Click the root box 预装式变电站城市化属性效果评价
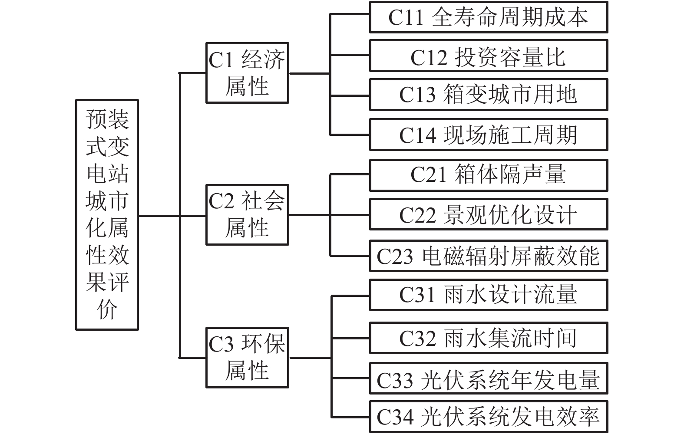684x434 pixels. pos(107,215)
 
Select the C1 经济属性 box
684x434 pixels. pos(247,73)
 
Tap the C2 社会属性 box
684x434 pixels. pos(247,215)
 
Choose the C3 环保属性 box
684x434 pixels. pos(247,358)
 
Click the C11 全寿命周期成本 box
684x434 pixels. pos(488,17)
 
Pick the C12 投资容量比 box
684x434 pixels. pos(488,56)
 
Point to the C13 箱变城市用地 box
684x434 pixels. pos(488,95)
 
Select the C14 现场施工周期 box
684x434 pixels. pos(488,135)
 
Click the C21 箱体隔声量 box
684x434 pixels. pos(488,175)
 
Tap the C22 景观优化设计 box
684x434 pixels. pos(488,214)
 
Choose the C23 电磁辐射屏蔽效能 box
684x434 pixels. pos(488,256)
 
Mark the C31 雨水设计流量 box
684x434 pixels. pos(488,295)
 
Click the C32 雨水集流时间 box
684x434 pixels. pos(488,338)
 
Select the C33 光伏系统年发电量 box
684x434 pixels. pos(488,379)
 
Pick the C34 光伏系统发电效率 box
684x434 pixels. pos(488,417)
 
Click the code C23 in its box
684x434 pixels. pos(394,256)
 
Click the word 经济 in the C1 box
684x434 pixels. pos(263,60)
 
